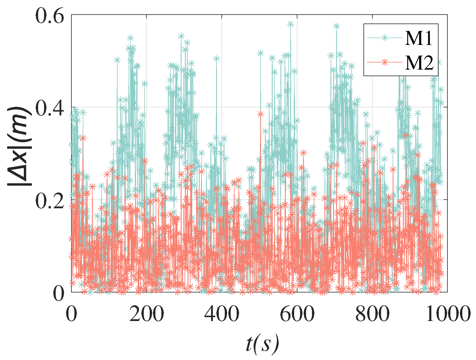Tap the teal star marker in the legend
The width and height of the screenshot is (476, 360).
(x=384, y=37)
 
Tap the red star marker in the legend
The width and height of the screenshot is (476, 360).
(x=384, y=62)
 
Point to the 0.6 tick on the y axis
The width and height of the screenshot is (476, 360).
(x=50, y=15)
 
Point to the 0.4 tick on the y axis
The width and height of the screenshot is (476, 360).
(x=50, y=108)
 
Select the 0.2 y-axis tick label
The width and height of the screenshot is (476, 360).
(x=50, y=200)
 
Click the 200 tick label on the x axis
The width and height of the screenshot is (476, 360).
(x=146, y=314)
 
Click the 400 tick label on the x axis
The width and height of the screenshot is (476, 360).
(x=222, y=314)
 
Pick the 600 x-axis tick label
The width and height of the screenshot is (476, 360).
(x=297, y=314)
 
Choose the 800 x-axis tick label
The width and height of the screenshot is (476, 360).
(x=372, y=314)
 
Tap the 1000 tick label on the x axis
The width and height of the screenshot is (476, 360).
(x=447, y=314)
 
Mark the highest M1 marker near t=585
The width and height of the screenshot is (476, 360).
(x=291, y=24)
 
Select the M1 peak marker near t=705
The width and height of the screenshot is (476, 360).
(x=336, y=26)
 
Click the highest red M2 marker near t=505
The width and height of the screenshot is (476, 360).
(x=261, y=114)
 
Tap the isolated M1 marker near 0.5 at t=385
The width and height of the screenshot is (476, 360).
(x=216, y=59)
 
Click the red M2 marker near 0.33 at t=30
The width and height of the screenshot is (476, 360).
(x=83, y=138)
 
